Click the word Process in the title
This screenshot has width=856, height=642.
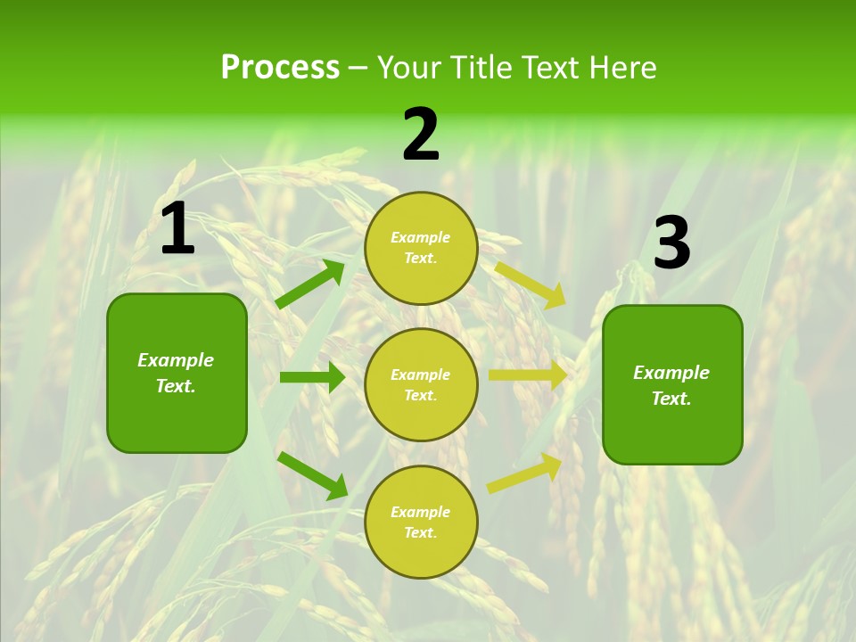(x=280, y=68)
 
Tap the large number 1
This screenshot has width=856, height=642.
(x=177, y=229)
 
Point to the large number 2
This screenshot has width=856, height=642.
(x=421, y=135)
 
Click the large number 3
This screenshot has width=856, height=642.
(x=671, y=243)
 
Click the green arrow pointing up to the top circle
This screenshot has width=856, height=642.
(x=310, y=284)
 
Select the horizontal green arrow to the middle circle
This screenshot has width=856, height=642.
(x=312, y=377)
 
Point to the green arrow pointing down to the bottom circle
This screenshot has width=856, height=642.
(x=312, y=474)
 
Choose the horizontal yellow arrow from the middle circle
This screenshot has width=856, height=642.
(x=528, y=375)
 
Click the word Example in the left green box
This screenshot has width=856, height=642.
(x=176, y=360)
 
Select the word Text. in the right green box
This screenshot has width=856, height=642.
(x=671, y=399)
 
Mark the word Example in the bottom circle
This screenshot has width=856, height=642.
(x=421, y=512)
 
